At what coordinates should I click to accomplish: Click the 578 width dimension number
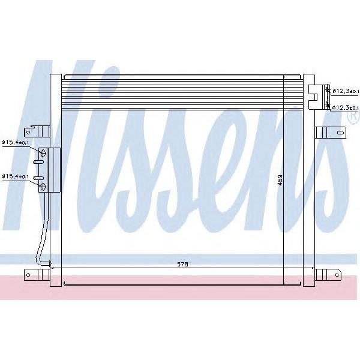click(x=182, y=264)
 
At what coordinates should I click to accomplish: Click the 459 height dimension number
click(x=280, y=180)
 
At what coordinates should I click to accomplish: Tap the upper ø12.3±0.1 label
click(x=346, y=90)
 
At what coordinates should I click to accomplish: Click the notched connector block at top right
click(x=316, y=97)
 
